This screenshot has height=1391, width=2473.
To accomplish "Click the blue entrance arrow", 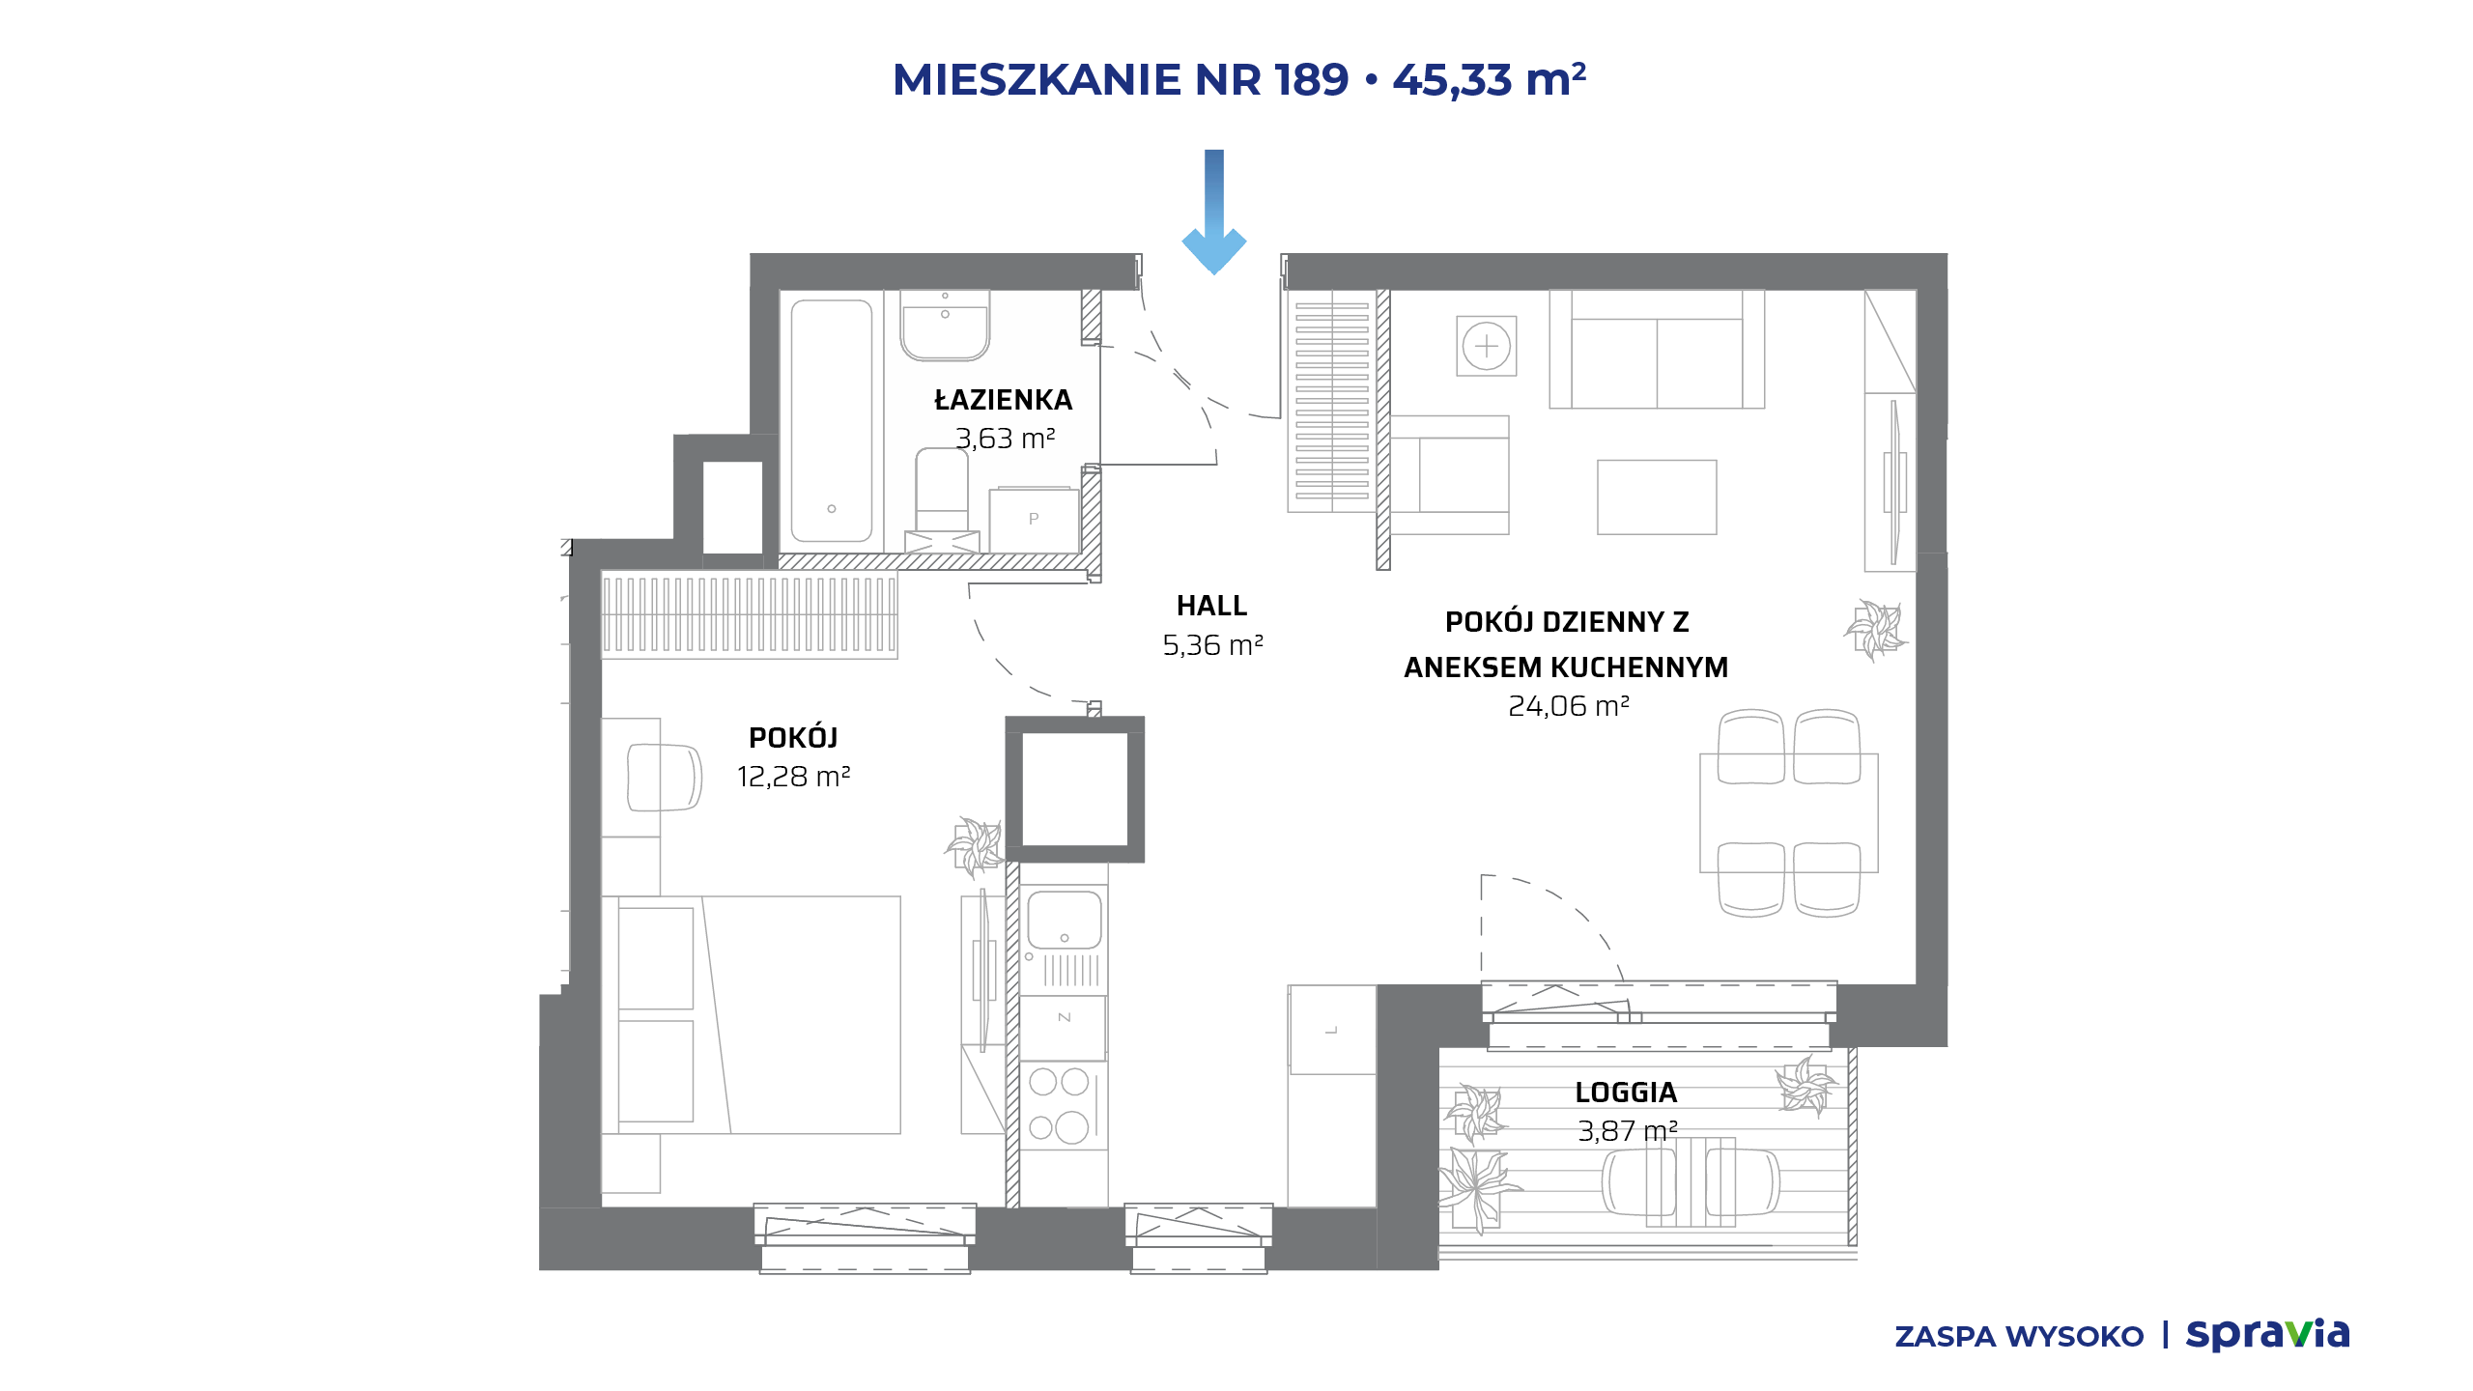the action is (1214, 213).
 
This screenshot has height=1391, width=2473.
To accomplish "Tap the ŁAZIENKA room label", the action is (1004, 400).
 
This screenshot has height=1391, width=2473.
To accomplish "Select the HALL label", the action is (1211, 606).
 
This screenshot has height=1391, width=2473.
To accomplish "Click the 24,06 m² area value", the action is (1569, 706).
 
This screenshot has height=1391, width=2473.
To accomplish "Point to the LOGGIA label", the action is (1626, 1093).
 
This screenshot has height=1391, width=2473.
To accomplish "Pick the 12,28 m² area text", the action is (793, 777).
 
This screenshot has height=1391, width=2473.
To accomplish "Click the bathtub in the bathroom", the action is (832, 420).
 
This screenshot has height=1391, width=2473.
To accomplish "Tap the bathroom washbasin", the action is (945, 325).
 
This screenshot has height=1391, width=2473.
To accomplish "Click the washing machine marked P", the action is (1034, 521).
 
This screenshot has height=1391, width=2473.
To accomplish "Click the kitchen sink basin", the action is (1064, 920).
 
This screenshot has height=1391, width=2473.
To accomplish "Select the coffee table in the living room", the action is (1657, 497).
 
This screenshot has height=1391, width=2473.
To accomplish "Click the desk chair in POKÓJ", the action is (665, 777).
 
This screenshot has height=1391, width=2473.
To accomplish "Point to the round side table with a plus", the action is (1487, 346).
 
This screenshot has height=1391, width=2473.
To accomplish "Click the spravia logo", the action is (2267, 1334).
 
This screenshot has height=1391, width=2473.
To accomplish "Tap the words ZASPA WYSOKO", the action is (2019, 1337).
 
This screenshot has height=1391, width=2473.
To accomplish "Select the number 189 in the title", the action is (1311, 80).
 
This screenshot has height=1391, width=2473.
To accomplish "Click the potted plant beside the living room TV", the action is (1875, 630).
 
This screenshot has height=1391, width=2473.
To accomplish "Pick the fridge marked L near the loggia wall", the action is (1332, 1030).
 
